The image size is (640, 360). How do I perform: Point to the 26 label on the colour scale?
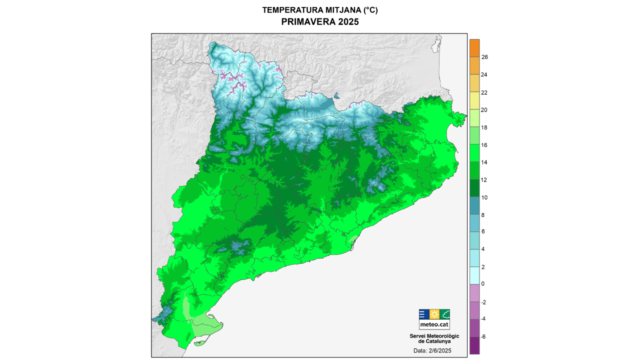click(x=484, y=57)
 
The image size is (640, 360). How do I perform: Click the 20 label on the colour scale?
click(x=484, y=110)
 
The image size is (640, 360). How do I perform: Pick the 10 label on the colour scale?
click(x=484, y=197)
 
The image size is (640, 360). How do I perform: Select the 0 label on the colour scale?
click(x=483, y=283)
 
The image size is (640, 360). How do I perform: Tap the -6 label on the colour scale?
click(x=483, y=336)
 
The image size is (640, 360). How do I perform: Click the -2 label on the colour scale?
click(x=483, y=302)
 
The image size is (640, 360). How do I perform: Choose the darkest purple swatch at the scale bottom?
click(x=474, y=345)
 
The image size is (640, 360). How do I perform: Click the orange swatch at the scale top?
click(x=474, y=48)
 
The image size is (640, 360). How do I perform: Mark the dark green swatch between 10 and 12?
click(x=474, y=188)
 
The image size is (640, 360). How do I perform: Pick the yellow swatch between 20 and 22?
click(x=474, y=101)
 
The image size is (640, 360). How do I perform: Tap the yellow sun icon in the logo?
click(x=434, y=314)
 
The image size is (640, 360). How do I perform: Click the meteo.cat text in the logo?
click(x=434, y=324)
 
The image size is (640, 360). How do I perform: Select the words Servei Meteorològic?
click(x=434, y=335)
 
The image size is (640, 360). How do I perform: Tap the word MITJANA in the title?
click(x=336, y=10)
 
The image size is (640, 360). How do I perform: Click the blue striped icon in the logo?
click(x=423, y=314)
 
